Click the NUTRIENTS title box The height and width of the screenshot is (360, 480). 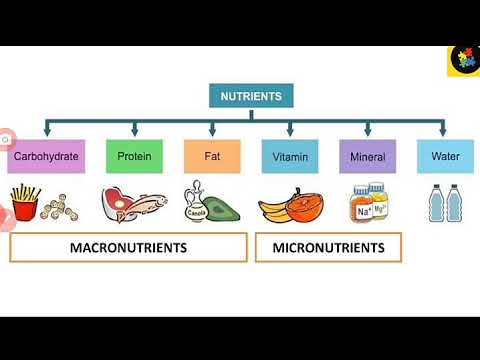(x=252, y=97)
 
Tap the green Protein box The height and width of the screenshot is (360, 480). (x=135, y=157)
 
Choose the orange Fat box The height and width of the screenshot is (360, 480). (x=212, y=157)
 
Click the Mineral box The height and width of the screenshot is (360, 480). (x=368, y=157)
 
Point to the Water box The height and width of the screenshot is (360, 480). (x=445, y=157)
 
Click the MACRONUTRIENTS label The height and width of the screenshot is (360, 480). (x=128, y=247)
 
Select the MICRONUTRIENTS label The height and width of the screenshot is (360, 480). (x=327, y=247)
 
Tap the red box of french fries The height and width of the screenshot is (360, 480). (x=25, y=207)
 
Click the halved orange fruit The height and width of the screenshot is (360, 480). (x=306, y=204)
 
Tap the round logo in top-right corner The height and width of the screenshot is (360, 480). (x=463, y=59)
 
